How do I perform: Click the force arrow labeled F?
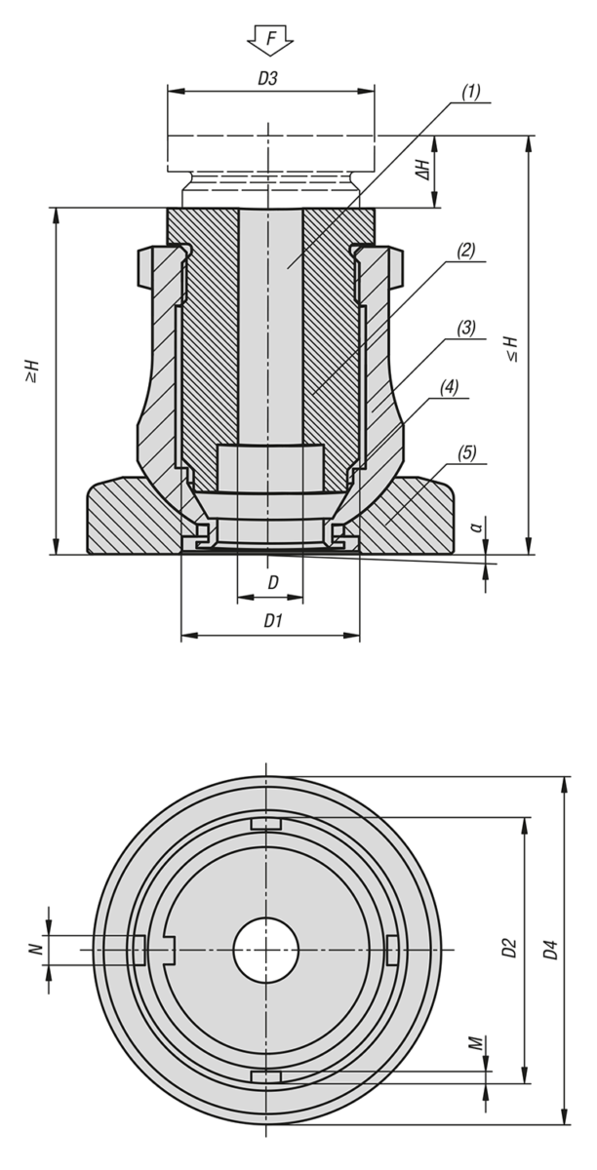coord(270,40)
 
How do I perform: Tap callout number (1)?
coord(469,94)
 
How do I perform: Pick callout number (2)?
coord(465,251)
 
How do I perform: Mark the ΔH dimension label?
coord(423,171)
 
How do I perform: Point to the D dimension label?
coord(273,583)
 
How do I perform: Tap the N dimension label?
coord(35,949)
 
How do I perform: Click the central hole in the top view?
coord(266,949)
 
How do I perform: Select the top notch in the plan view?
coord(266,825)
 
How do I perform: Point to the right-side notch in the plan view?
coord(391,949)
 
